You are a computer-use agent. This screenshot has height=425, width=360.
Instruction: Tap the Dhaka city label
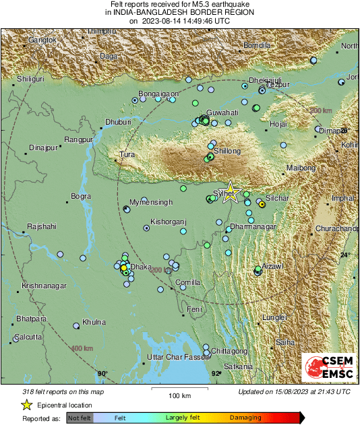click(x=141, y=267)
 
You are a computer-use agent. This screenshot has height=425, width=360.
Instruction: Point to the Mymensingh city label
click(x=151, y=202)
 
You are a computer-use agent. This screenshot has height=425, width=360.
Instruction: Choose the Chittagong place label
click(x=230, y=352)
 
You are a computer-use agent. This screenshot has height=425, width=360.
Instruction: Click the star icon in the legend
click(x=26, y=405)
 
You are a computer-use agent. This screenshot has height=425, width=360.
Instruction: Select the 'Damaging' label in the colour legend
click(x=245, y=418)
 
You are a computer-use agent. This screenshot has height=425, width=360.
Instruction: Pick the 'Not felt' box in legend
click(x=80, y=418)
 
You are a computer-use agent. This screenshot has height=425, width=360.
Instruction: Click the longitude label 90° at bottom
click(x=102, y=373)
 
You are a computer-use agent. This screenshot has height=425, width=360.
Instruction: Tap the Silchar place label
click(x=278, y=199)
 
